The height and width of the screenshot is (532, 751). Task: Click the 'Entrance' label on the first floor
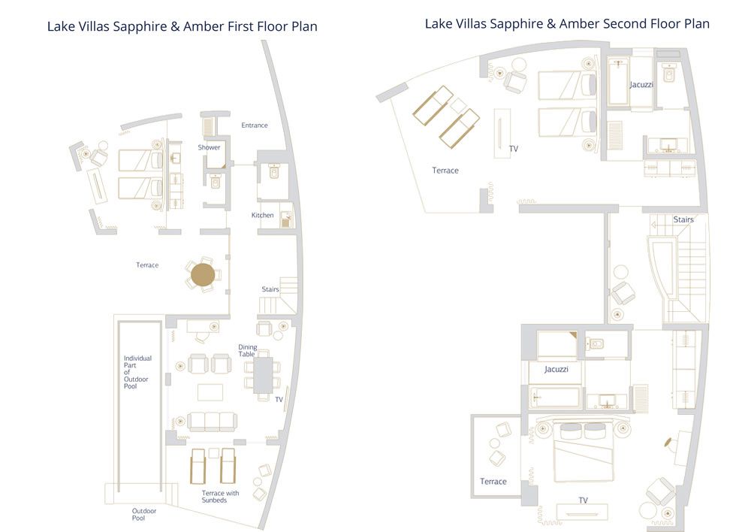pyautogui.click(x=254, y=125)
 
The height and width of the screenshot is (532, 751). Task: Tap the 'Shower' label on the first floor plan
pyautogui.click(x=209, y=147)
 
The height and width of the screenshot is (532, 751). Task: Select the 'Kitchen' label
pyautogui.click(x=263, y=216)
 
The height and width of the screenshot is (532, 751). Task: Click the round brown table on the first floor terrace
pyautogui.click(x=203, y=275)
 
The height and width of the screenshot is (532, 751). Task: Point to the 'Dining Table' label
pyautogui.click(x=247, y=350)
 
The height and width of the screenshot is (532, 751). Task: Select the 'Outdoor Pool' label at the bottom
pyautogui.click(x=144, y=515)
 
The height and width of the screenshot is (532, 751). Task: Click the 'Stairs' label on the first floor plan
pyautogui.click(x=270, y=289)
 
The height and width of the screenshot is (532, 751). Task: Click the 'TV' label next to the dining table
pyautogui.click(x=279, y=400)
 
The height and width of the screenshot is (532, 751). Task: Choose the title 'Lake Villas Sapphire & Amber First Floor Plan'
pyautogui.click(x=182, y=27)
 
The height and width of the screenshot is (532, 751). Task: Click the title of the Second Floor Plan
pyautogui.click(x=567, y=24)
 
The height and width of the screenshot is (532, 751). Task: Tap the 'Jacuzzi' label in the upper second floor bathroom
pyautogui.click(x=641, y=85)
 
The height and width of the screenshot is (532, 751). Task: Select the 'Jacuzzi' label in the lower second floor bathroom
pyautogui.click(x=556, y=370)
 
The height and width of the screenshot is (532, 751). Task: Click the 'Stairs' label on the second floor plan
pyautogui.click(x=683, y=219)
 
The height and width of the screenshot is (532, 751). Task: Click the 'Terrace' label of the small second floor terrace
pyautogui.click(x=493, y=482)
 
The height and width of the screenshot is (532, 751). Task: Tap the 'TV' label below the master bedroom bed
pyautogui.click(x=583, y=500)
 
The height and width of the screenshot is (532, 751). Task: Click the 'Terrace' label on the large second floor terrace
pyautogui.click(x=445, y=171)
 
